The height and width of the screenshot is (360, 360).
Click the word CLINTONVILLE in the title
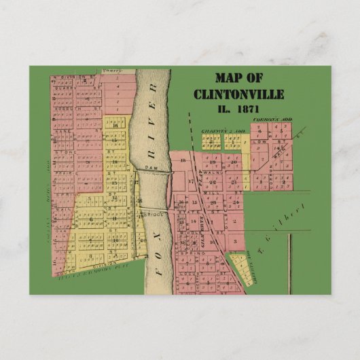(238, 94)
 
